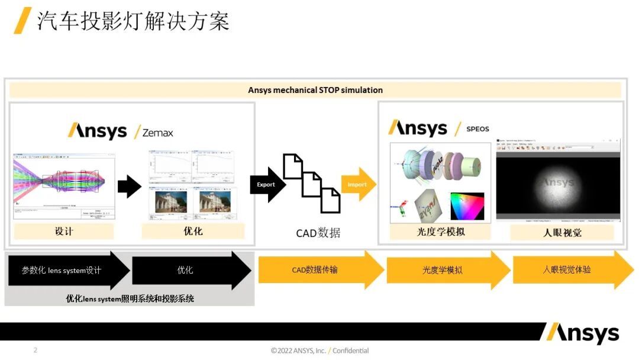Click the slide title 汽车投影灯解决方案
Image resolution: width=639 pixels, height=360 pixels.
pyautogui.click(x=133, y=21)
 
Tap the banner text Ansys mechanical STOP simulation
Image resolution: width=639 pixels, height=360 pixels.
pyautogui.click(x=315, y=90)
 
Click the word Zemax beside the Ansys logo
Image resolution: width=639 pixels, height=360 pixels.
pyautogui.click(x=157, y=133)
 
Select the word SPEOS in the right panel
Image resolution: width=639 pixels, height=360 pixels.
pyautogui.click(x=477, y=128)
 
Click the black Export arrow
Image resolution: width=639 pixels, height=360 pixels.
pyautogui.click(x=267, y=185)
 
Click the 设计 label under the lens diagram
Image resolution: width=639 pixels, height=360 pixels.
pyautogui.click(x=64, y=231)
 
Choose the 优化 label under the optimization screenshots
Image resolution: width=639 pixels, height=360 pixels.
pyautogui.click(x=193, y=231)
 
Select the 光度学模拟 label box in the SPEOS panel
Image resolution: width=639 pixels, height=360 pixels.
pyautogui.click(x=440, y=232)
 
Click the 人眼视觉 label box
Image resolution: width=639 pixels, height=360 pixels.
pyautogui.click(x=562, y=232)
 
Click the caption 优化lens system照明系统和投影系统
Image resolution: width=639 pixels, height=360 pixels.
pyautogui.click(x=130, y=298)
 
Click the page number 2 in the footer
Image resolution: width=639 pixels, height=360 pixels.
pyautogui.click(x=35, y=350)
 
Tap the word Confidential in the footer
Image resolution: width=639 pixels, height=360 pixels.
pyautogui.click(x=350, y=351)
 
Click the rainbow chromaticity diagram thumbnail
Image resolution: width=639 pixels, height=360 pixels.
pyautogui.click(x=467, y=206)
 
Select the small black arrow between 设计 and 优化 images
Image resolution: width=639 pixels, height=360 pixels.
pyautogui.click(x=129, y=187)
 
